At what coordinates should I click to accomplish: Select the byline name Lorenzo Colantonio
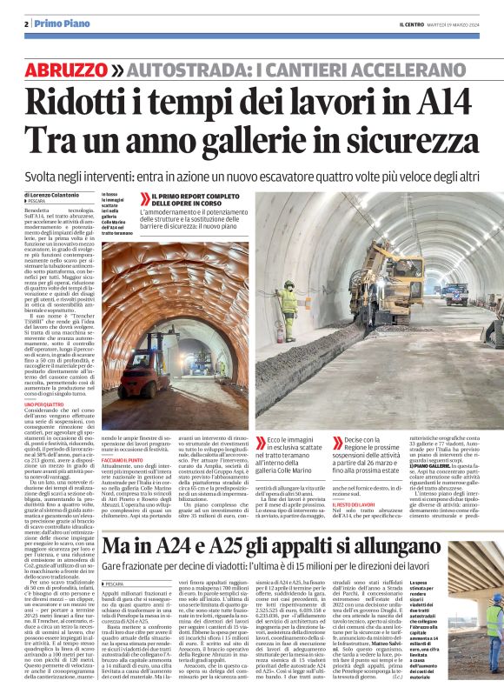[x=62, y=195]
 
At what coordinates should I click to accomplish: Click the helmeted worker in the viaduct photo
[x=493, y=618]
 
